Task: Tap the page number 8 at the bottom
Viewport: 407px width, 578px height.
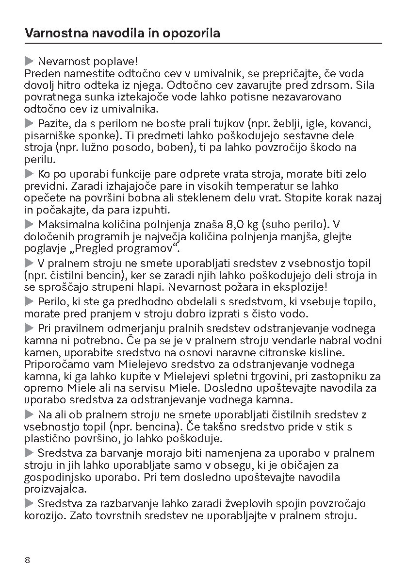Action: (x=27, y=560)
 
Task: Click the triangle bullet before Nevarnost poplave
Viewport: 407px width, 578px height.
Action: (x=29, y=62)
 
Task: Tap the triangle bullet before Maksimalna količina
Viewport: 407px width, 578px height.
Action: (x=29, y=225)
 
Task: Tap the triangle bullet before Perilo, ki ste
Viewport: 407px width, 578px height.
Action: (x=29, y=302)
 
